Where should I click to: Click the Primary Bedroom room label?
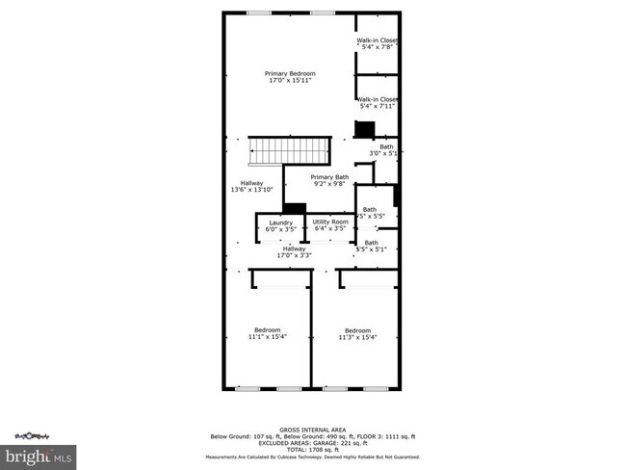pyautogui.click(x=290, y=73)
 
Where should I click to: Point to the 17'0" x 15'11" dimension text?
pyautogui.click(x=290, y=81)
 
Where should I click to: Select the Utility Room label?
pyautogui.click(x=329, y=222)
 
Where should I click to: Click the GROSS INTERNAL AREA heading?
pyautogui.click(x=312, y=429)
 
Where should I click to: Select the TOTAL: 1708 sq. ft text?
pyautogui.click(x=312, y=449)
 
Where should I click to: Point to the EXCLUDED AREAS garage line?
pyautogui.click(x=312, y=442)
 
